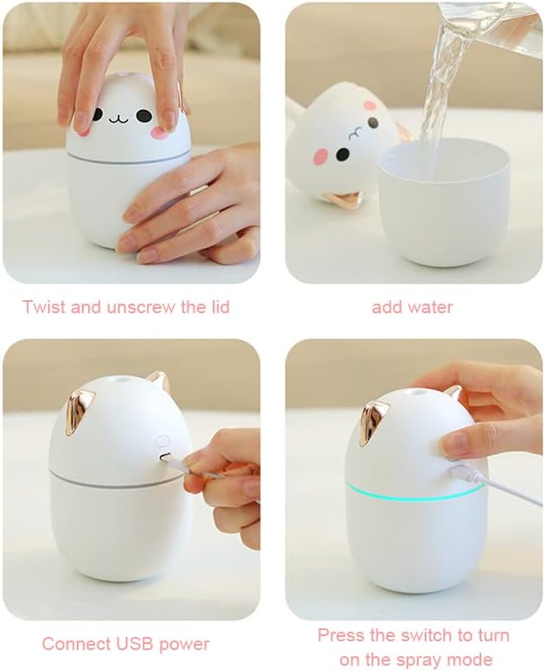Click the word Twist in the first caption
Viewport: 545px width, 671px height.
[x=44, y=307]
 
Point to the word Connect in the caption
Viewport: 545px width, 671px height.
[x=77, y=643]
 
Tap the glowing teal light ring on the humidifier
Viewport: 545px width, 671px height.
[x=415, y=491]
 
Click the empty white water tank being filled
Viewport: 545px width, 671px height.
[x=444, y=202]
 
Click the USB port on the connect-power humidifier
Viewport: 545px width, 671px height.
[x=164, y=457]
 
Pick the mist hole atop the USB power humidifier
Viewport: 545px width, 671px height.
[x=121, y=379]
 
